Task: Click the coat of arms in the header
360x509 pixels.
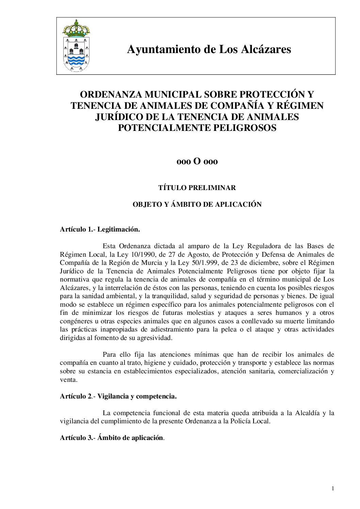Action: pos(76,46)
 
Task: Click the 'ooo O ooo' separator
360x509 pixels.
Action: pos(197,161)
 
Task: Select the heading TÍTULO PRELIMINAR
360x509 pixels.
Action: pos(197,188)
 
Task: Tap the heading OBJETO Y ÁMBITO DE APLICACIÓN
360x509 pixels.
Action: pos(197,205)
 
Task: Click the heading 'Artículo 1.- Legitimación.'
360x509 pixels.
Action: pos(100,230)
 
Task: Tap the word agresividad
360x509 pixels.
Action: pos(155,338)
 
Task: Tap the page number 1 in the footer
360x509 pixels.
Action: pos(333,489)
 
